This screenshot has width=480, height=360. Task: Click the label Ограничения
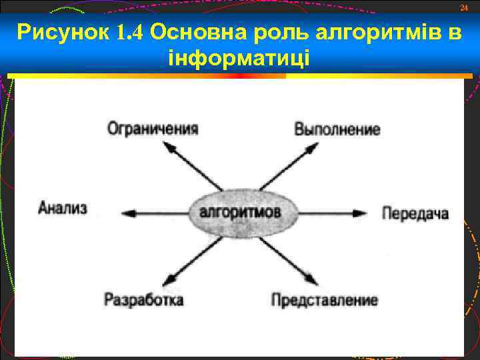pyautogui.click(x=153, y=129)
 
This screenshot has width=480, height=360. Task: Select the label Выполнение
pyautogui.click(x=337, y=129)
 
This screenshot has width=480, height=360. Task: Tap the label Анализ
pyautogui.click(x=63, y=208)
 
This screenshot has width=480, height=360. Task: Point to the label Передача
pyautogui.click(x=415, y=214)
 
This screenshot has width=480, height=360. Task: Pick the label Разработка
pyautogui.click(x=143, y=300)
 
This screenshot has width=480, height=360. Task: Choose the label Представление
pyautogui.click(x=324, y=300)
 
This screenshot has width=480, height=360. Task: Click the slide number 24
pyautogui.click(x=465, y=7)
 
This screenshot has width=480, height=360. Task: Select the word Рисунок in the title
pyautogui.click(x=62, y=33)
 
